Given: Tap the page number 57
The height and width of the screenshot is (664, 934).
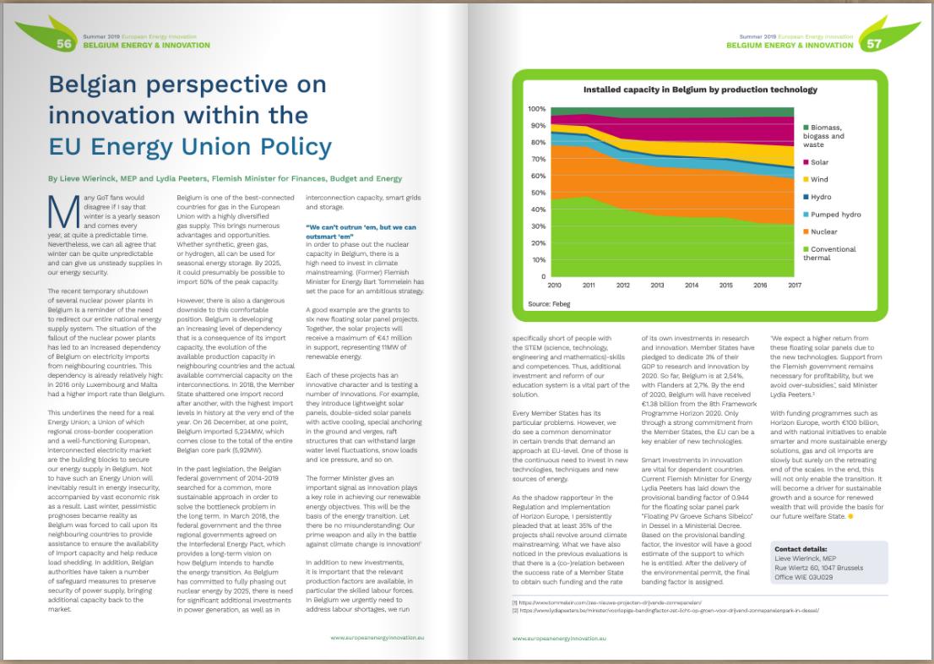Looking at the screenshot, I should coord(873,45).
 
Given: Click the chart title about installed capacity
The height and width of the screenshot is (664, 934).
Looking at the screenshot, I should coord(700,89).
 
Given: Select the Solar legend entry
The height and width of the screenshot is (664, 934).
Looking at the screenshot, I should coord(818,161).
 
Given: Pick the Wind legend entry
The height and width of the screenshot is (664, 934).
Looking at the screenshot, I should coord(819,179).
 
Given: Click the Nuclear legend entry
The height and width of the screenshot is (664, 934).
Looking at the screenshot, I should coord(823,231).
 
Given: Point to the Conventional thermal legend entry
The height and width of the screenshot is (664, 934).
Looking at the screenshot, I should coord(833,253).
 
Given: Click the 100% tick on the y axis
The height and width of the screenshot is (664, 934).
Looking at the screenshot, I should coord(537,110).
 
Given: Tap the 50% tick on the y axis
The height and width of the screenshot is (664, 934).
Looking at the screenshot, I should coord(539,193).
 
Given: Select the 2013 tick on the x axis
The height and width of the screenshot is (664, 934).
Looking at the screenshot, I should coord(657,286).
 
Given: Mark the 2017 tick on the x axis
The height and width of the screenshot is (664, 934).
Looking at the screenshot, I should coord(794,286).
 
